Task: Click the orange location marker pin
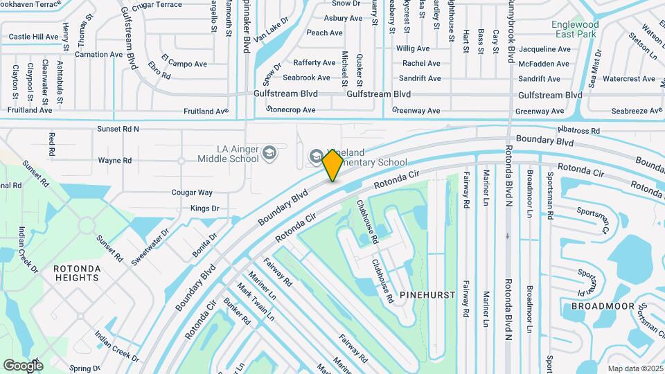(332, 165)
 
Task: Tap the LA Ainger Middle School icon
(270, 153)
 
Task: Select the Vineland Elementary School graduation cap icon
(316, 157)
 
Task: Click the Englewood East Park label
(575, 28)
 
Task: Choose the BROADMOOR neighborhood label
(599, 305)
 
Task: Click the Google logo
(23, 365)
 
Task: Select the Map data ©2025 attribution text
(635, 368)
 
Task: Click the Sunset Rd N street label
(118, 129)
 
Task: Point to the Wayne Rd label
(114, 161)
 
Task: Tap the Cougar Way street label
(192, 193)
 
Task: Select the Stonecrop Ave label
(291, 110)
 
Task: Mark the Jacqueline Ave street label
(544, 50)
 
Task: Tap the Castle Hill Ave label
(33, 37)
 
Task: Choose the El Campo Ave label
(184, 64)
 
